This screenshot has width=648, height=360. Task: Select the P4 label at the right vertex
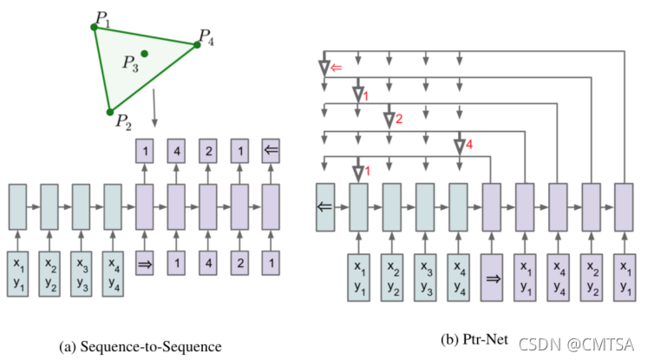[x=206, y=36]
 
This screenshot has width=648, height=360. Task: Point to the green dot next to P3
[x=145, y=54]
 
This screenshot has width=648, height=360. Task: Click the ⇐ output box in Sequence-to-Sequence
[x=271, y=150]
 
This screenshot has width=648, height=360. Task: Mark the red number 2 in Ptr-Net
[x=399, y=119]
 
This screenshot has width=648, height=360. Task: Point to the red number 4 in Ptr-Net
[x=468, y=146]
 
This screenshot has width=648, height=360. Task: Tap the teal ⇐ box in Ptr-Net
[x=326, y=206]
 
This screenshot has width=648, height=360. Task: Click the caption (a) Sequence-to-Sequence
[x=141, y=346]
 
